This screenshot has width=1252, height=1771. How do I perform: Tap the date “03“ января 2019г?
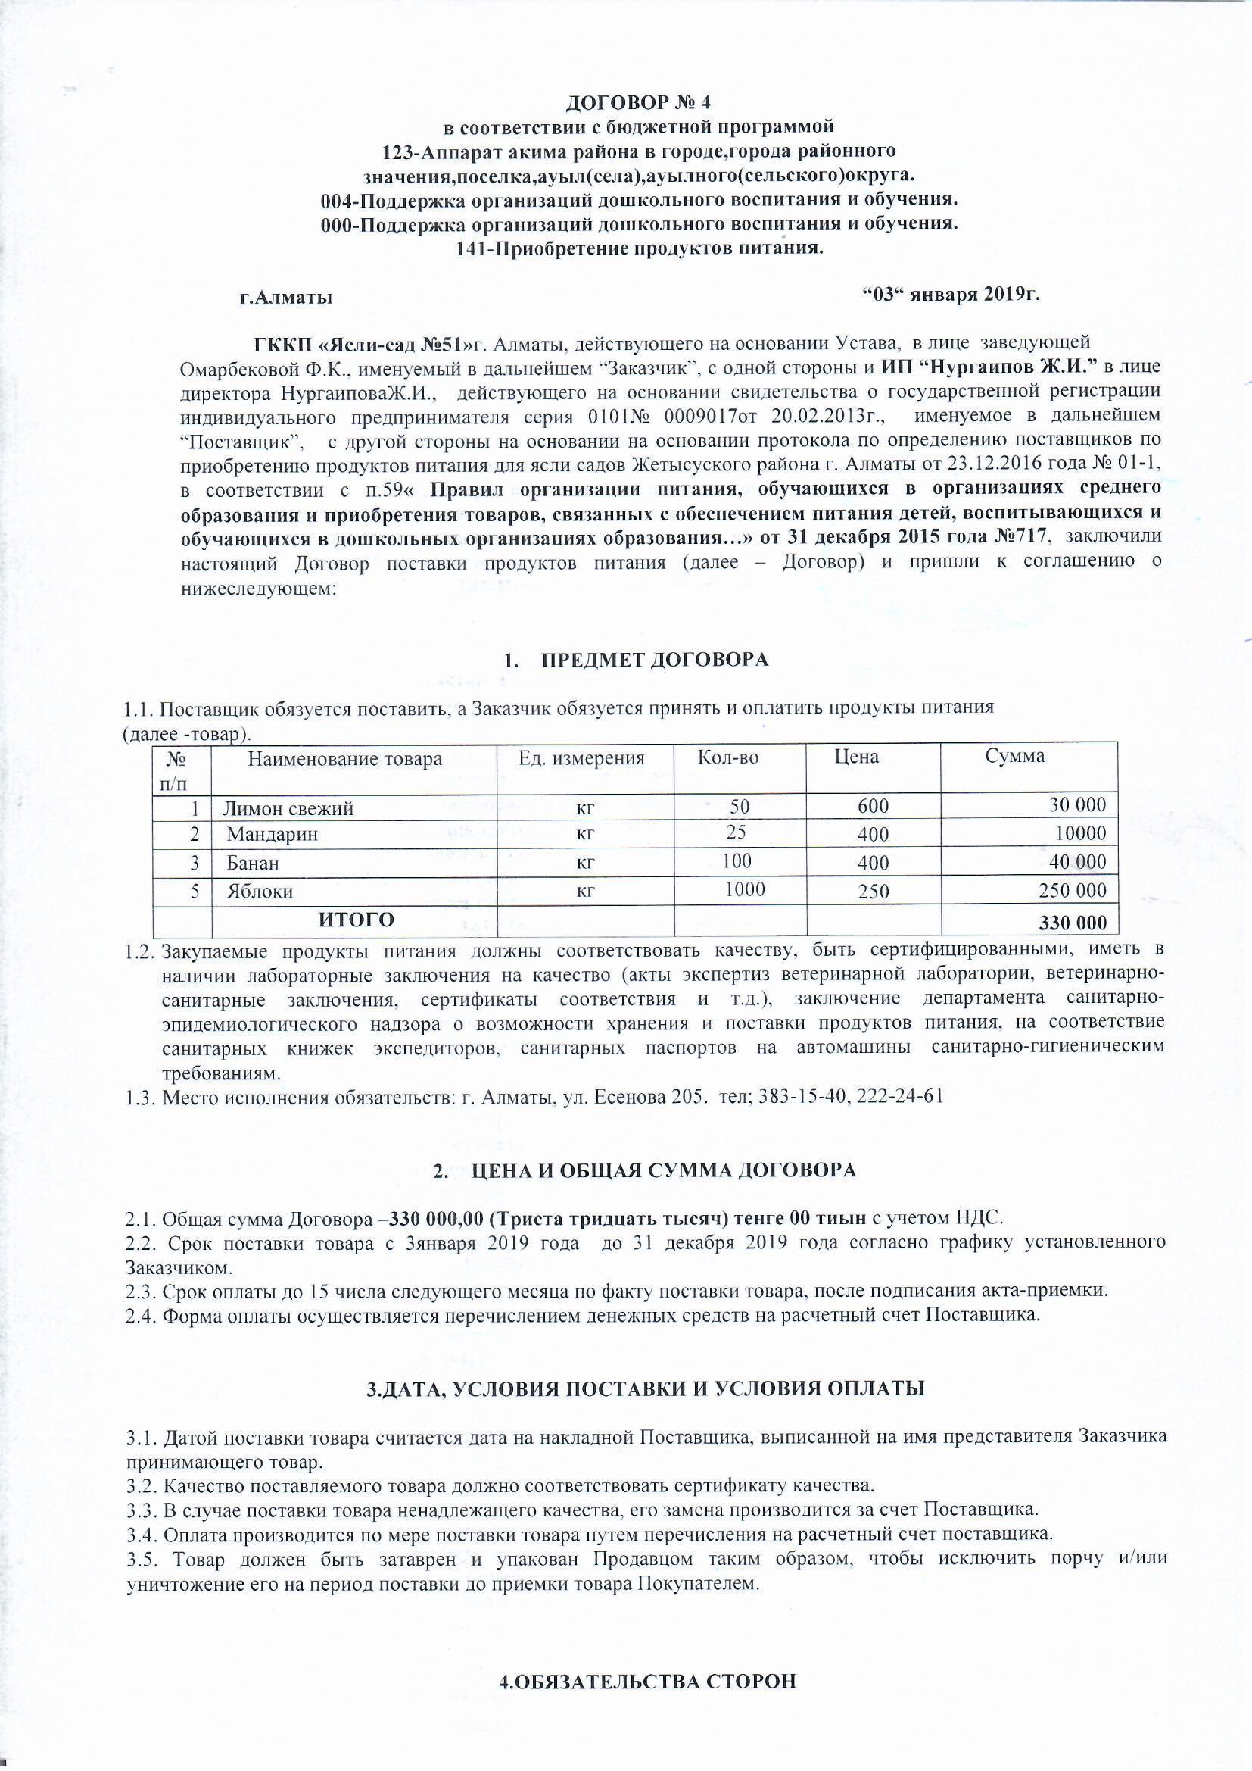[x=951, y=295]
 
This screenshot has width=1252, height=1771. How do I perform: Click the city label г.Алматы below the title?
[x=286, y=297]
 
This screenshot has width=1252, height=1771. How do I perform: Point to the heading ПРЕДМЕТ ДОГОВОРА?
[x=655, y=661]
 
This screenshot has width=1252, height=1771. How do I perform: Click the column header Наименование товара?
[x=344, y=759]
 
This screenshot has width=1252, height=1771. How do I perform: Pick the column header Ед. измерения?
[x=581, y=757]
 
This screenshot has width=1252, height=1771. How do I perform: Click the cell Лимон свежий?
[x=288, y=808]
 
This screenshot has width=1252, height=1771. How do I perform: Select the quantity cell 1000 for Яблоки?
[x=745, y=889]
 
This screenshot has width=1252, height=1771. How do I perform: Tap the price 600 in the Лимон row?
[x=873, y=806]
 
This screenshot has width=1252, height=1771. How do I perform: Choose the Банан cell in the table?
[x=253, y=863]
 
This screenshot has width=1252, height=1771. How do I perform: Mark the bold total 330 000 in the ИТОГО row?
[x=1073, y=923]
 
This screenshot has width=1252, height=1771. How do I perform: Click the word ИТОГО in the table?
[x=357, y=920]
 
